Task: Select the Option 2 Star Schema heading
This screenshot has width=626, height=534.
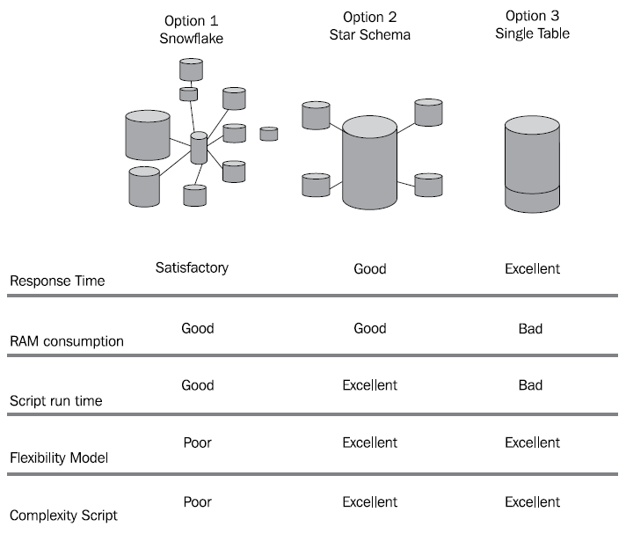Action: click(369, 25)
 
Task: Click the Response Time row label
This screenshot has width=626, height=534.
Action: click(56, 282)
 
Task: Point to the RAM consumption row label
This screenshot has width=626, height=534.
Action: click(67, 341)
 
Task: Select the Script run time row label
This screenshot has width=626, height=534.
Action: click(56, 401)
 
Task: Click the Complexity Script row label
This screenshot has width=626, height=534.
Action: click(62, 515)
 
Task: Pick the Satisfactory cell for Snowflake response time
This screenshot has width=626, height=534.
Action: click(192, 267)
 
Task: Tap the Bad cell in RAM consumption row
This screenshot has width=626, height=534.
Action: click(530, 329)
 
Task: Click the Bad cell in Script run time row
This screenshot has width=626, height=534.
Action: click(530, 385)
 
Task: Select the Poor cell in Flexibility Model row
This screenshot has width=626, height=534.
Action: click(197, 443)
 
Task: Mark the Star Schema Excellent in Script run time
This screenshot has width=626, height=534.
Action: click(369, 385)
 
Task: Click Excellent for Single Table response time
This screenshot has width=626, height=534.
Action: click(532, 268)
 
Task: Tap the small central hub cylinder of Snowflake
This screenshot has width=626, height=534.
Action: click(199, 148)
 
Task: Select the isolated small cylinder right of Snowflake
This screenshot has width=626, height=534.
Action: click(269, 134)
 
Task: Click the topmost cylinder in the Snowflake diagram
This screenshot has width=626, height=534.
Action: click(189, 68)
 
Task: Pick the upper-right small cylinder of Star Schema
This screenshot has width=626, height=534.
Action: click(428, 112)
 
